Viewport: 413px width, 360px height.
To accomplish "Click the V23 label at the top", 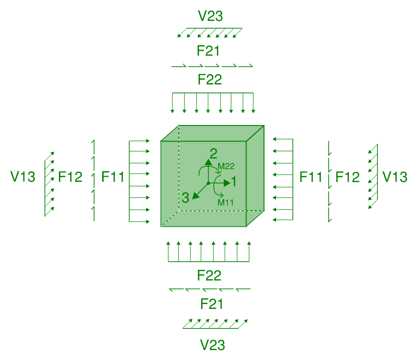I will coord(210,17).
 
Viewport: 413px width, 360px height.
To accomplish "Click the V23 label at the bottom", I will coord(212,345).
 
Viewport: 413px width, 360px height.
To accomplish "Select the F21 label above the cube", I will coord(209,51).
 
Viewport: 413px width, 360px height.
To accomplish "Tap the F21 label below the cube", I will coord(212,305).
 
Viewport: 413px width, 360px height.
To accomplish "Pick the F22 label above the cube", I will coord(209,79).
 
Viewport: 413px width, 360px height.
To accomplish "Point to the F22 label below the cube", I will coord(209,276).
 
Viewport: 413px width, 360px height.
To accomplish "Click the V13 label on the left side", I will coord(23,177).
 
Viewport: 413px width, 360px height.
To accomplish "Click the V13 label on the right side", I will coord(394,177).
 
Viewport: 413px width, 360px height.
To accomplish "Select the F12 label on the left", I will coord(70,177).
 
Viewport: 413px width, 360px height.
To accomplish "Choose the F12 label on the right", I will coord(347,177).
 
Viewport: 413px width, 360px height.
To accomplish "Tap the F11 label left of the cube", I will coord(113,177).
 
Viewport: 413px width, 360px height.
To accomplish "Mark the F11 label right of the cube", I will coord(311,177).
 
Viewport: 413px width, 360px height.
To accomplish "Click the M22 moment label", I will coord(226,166).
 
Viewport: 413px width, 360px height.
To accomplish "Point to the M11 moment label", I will coord(226,202).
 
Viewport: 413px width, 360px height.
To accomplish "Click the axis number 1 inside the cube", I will coord(234,182).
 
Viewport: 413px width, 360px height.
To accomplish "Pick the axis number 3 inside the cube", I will coord(185,198).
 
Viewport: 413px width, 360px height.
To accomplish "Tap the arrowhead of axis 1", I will coord(226,183).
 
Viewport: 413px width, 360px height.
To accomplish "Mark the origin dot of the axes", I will coord(208,183).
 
